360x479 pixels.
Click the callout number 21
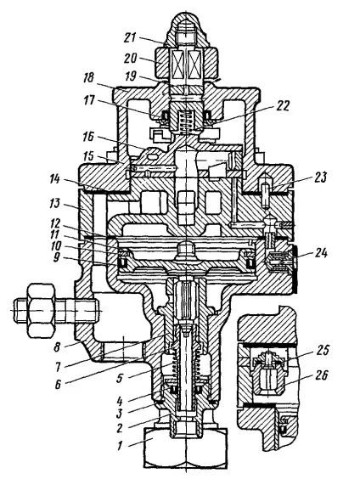[131, 38]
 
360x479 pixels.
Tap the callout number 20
[130, 59]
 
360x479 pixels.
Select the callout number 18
[89, 78]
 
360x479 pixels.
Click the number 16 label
[88, 138]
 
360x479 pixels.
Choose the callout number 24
[320, 253]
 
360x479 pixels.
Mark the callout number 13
[55, 203]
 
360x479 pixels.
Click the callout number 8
[57, 347]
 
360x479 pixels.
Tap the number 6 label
[59, 384]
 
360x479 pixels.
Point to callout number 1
[120, 446]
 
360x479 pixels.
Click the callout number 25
[321, 351]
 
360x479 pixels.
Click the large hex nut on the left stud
[42, 310]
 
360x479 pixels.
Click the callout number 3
[119, 413]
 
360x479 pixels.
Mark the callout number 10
[57, 246]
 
